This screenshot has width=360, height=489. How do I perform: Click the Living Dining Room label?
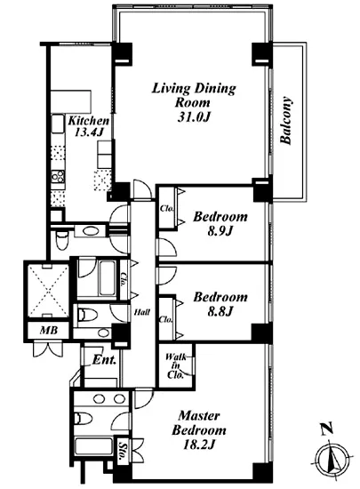194,102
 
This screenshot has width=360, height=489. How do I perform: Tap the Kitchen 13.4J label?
89,126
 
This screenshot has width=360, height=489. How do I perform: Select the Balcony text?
286,121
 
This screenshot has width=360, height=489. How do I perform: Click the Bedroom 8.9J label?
220,223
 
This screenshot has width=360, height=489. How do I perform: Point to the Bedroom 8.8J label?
220,304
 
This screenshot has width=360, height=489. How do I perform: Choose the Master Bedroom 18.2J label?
199,430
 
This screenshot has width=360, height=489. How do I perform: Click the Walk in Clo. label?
175,365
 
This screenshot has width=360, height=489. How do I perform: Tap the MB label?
49,330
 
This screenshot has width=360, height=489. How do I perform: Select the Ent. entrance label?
104,360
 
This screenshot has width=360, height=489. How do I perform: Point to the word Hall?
142,312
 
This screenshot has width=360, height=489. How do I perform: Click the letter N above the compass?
327,429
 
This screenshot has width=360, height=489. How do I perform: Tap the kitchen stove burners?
58,177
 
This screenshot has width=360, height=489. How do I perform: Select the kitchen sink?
57,124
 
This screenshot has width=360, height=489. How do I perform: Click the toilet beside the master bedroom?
84,418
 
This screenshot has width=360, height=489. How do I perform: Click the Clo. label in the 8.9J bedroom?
167,209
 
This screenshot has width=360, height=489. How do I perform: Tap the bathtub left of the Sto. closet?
94,446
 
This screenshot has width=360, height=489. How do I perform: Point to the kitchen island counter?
71,102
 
